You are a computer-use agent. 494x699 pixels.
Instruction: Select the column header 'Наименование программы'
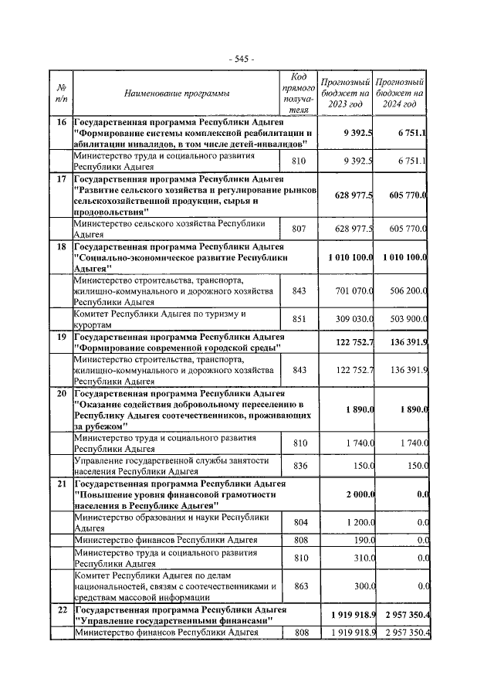177,94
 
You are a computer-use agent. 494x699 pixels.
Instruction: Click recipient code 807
300,229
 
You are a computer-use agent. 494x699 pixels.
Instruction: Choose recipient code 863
300,586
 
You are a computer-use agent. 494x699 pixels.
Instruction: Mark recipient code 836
300,466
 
